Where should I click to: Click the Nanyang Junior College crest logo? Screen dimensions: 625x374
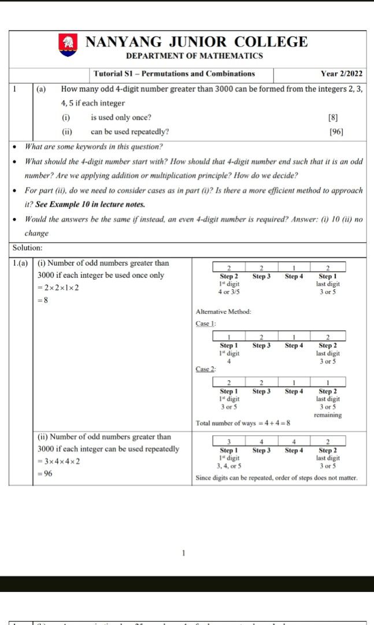click(68, 45)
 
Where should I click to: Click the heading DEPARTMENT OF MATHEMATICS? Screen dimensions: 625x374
click(194, 56)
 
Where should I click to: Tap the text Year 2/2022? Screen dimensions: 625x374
click(342, 74)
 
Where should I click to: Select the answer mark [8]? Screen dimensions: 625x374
click(333, 117)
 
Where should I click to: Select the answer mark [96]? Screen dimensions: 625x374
click(336, 131)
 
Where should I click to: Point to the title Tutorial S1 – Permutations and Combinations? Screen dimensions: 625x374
click(174, 74)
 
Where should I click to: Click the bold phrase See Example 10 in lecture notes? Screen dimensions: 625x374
click(97, 204)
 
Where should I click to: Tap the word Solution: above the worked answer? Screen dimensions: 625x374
click(28, 248)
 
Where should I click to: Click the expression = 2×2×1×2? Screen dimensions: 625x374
click(59, 288)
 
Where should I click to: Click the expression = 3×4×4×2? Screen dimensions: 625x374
click(59, 461)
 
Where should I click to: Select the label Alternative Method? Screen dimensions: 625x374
click(223, 312)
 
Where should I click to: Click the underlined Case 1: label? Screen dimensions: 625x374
click(205, 323)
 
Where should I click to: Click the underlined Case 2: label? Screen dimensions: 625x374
click(205, 369)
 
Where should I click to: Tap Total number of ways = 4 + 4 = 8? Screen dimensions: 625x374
click(243, 423)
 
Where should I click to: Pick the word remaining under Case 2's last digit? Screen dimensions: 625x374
click(328, 415)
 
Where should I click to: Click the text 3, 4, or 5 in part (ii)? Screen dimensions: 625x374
click(229, 465)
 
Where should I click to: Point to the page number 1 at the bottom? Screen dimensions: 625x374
click(184, 553)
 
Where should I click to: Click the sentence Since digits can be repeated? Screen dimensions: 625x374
click(276, 478)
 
